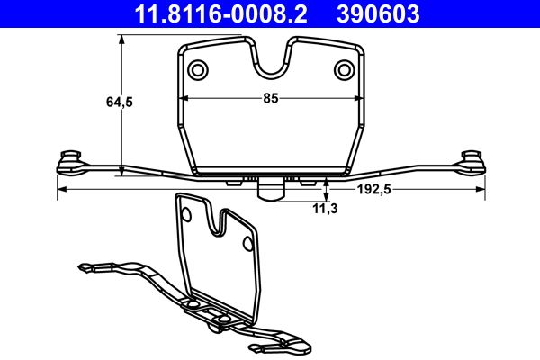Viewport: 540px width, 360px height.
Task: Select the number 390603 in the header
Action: (378, 13)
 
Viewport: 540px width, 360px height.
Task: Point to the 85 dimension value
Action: (270, 100)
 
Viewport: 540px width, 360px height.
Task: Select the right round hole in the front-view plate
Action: (343, 70)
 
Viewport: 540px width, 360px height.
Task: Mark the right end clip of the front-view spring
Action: (472, 160)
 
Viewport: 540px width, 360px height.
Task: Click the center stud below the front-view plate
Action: (270, 189)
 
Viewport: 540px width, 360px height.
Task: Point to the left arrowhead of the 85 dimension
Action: (183, 100)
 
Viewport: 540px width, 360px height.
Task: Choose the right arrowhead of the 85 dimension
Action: (357, 100)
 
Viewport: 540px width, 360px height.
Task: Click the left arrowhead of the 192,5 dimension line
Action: (60, 190)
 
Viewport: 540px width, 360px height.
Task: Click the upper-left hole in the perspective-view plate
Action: (187, 213)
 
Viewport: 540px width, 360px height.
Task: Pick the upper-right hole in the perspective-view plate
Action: (247, 241)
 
